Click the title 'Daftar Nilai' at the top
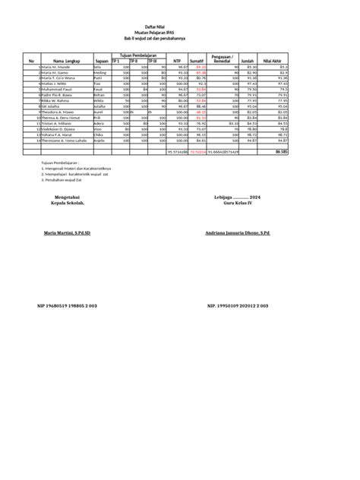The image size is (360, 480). click(x=180, y=27)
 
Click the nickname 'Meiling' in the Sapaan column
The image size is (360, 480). click(x=99, y=73)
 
